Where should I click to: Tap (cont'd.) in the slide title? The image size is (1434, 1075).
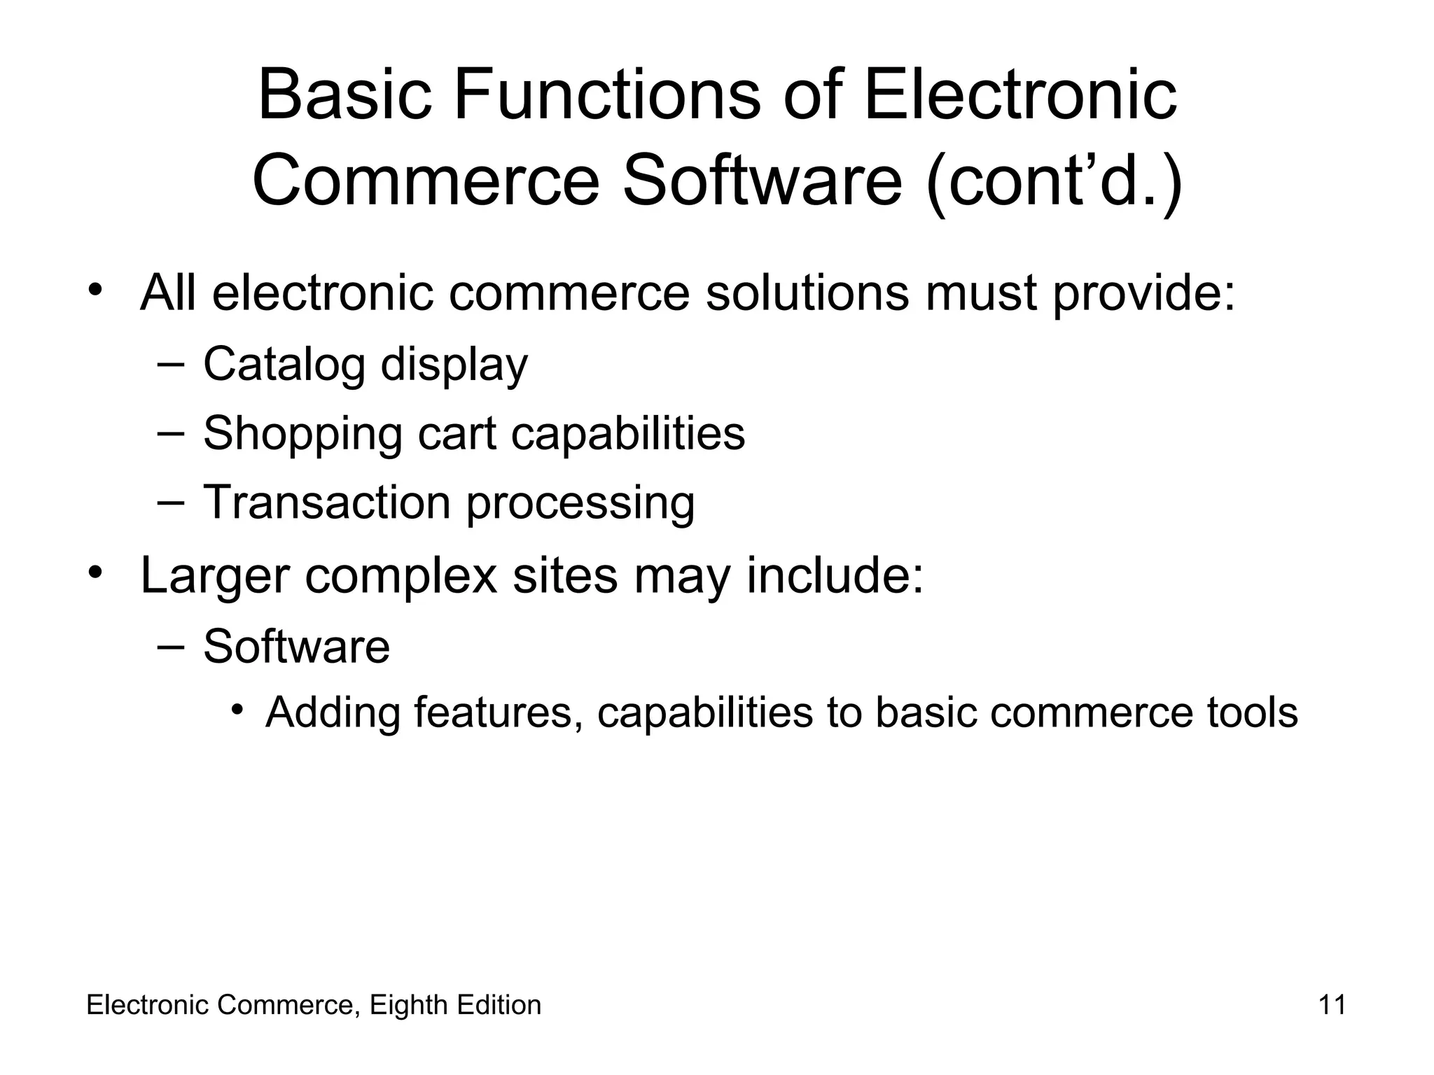[1054, 181]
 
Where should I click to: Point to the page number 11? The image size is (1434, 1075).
[1332, 1005]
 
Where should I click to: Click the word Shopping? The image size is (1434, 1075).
[302, 435]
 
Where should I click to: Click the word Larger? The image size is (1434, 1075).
[214, 576]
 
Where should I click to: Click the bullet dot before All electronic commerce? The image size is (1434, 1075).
[96, 289]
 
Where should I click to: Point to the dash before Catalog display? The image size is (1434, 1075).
[171, 363]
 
